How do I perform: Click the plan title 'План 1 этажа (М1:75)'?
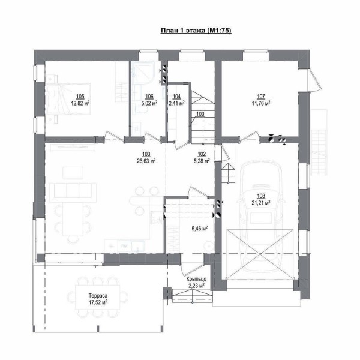pyautogui.click(x=196, y=31)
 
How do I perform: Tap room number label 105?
pyautogui.click(x=80, y=97)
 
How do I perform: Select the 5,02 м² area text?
pyautogui.click(x=149, y=103)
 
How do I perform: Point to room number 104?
pyautogui.click(x=176, y=97)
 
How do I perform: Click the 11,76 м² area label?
pyautogui.click(x=261, y=103)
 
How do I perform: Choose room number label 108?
pyautogui.click(x=261, y=196)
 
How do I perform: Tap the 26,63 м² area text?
pyautogui.click(x=146, y=161)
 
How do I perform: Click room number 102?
pyautogui.click(x=202, y=155)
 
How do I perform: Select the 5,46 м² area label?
pyautogui.click(x=200, y=228)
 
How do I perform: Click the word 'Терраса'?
pyautogui.click(x=98, y=296)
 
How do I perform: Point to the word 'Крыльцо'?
pyautogui.click(x=196, y=279)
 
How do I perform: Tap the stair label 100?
pyautogui.click(x=200, y=114)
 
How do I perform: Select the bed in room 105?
pyautogui.click(x=68, y=99)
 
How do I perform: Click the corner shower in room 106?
pyautogui.click(x=143, y=73)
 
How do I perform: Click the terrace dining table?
pyautogui.click(x=98, y=298)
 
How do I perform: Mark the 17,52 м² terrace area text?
pyautogui.click(x=98, y=302)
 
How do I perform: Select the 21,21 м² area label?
pyautogui.click(x=260, y=203)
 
